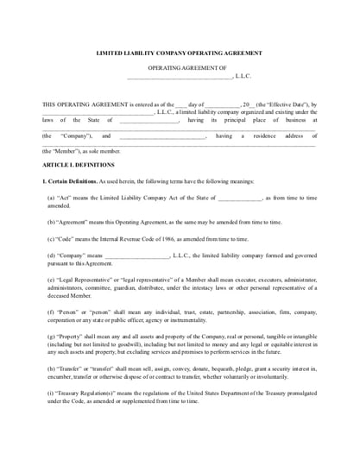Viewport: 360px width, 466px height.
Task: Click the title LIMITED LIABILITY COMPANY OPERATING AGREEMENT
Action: (180, 53)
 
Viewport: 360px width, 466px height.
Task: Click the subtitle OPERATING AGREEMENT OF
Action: (180, 67)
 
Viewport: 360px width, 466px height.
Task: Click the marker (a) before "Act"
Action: (52, 198)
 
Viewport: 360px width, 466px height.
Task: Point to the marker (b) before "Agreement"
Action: (52, 222)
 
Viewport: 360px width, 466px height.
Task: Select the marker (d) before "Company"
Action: (52, 255)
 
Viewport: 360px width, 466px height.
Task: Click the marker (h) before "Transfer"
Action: (52, 369)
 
